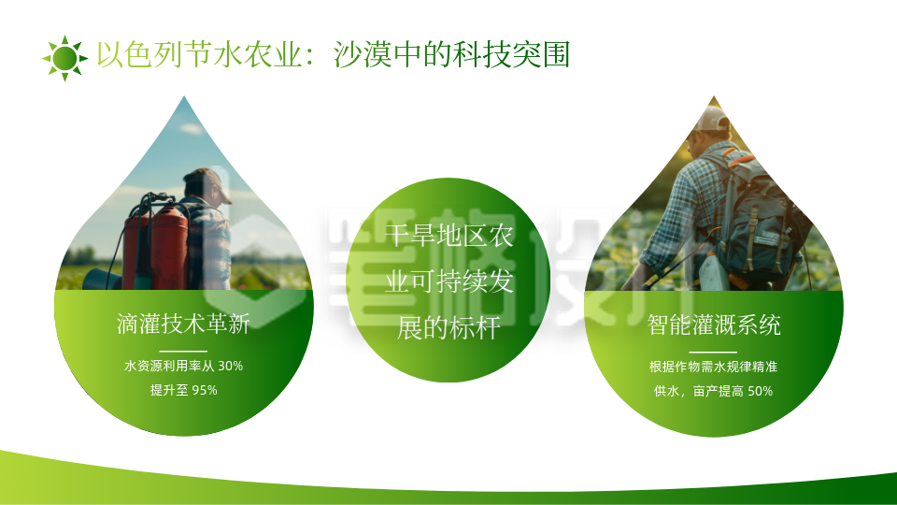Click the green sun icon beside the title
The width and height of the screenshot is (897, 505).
point(64,58)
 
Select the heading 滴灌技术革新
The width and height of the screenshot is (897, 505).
point(183,325)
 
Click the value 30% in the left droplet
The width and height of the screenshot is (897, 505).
point(230,366)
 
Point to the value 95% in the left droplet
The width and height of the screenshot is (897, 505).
point(204,390)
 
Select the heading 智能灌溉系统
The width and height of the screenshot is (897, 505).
point(714,325)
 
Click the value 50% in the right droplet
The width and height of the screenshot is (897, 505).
point(760,391)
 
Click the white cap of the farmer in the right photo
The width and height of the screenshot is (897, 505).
point(712,120)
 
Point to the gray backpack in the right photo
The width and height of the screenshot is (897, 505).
point(757,220)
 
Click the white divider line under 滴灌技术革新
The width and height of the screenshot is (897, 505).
point(183,351)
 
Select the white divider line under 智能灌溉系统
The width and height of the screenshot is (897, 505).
point(714,351)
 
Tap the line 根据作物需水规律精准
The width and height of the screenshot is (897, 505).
point(714,367)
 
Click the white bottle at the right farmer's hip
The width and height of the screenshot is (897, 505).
point(710,271)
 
